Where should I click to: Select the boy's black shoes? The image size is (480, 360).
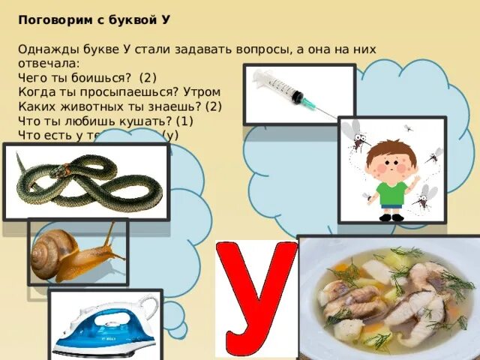point(391,217)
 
